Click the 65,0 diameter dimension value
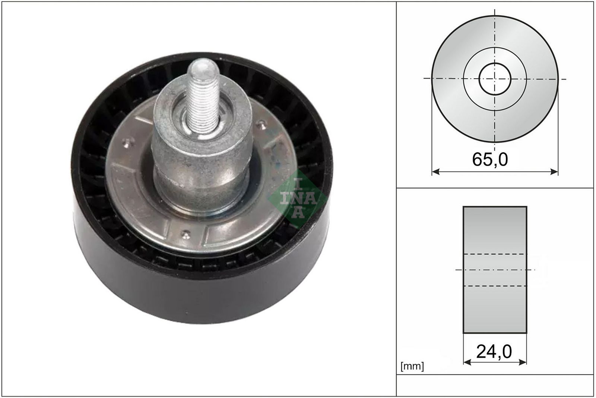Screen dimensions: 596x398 tap(490, 159)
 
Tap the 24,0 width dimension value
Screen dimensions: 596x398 tap(494, 352)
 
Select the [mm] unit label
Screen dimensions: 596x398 tap(412, 366)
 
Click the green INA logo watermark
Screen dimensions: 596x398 tap(298, 198)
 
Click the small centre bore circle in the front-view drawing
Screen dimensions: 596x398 tap(495, 79)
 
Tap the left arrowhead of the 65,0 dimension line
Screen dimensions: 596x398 tap(435, 172)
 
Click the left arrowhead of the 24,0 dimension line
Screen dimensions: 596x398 tap(467, 362)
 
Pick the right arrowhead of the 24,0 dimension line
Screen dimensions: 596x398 tap(523, 362)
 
